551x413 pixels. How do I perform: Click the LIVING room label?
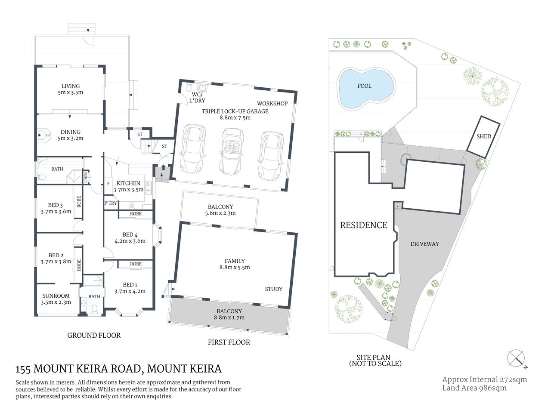point(70,86)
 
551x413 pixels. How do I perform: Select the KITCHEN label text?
point(128,183)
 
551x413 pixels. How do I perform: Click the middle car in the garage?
point(231,152)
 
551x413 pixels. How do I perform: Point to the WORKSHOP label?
point(272,104)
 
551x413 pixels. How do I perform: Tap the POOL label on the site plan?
point(364,86)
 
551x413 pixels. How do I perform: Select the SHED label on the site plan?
point(484,136)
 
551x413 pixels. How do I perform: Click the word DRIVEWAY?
point(424,244)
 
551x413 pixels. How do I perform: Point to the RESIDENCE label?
point(363,225)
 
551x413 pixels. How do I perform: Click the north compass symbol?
point(516,358)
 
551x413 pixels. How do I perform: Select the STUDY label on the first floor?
point(273,289)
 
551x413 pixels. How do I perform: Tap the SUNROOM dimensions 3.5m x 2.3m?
point(56,302)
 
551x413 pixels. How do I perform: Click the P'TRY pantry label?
point(111,203)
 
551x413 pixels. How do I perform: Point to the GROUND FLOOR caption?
point(94,335)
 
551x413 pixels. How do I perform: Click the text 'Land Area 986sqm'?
point(474,388)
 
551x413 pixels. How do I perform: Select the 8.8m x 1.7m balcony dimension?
point(229,317)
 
